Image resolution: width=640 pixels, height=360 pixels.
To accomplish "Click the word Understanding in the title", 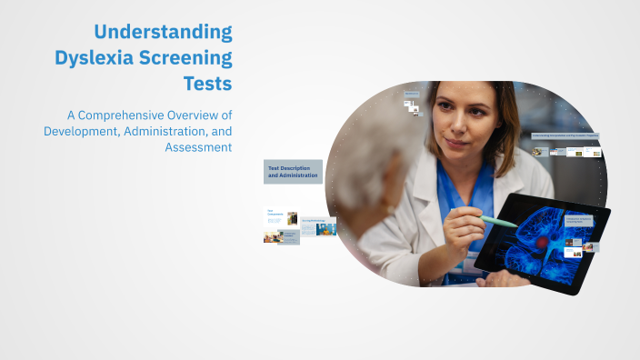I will click(x=164, y=34).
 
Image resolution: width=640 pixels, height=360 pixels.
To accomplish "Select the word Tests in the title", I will click(x=208, y=84).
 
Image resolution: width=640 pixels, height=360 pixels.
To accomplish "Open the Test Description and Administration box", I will click(x=293, y=171).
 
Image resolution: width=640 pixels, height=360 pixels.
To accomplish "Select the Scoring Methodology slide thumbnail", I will click(x=318, y=225).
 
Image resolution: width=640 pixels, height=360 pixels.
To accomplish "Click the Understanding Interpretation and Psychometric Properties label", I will click(x=565, y=135).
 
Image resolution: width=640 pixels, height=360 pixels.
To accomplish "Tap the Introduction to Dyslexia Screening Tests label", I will click(x=579, y=219).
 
